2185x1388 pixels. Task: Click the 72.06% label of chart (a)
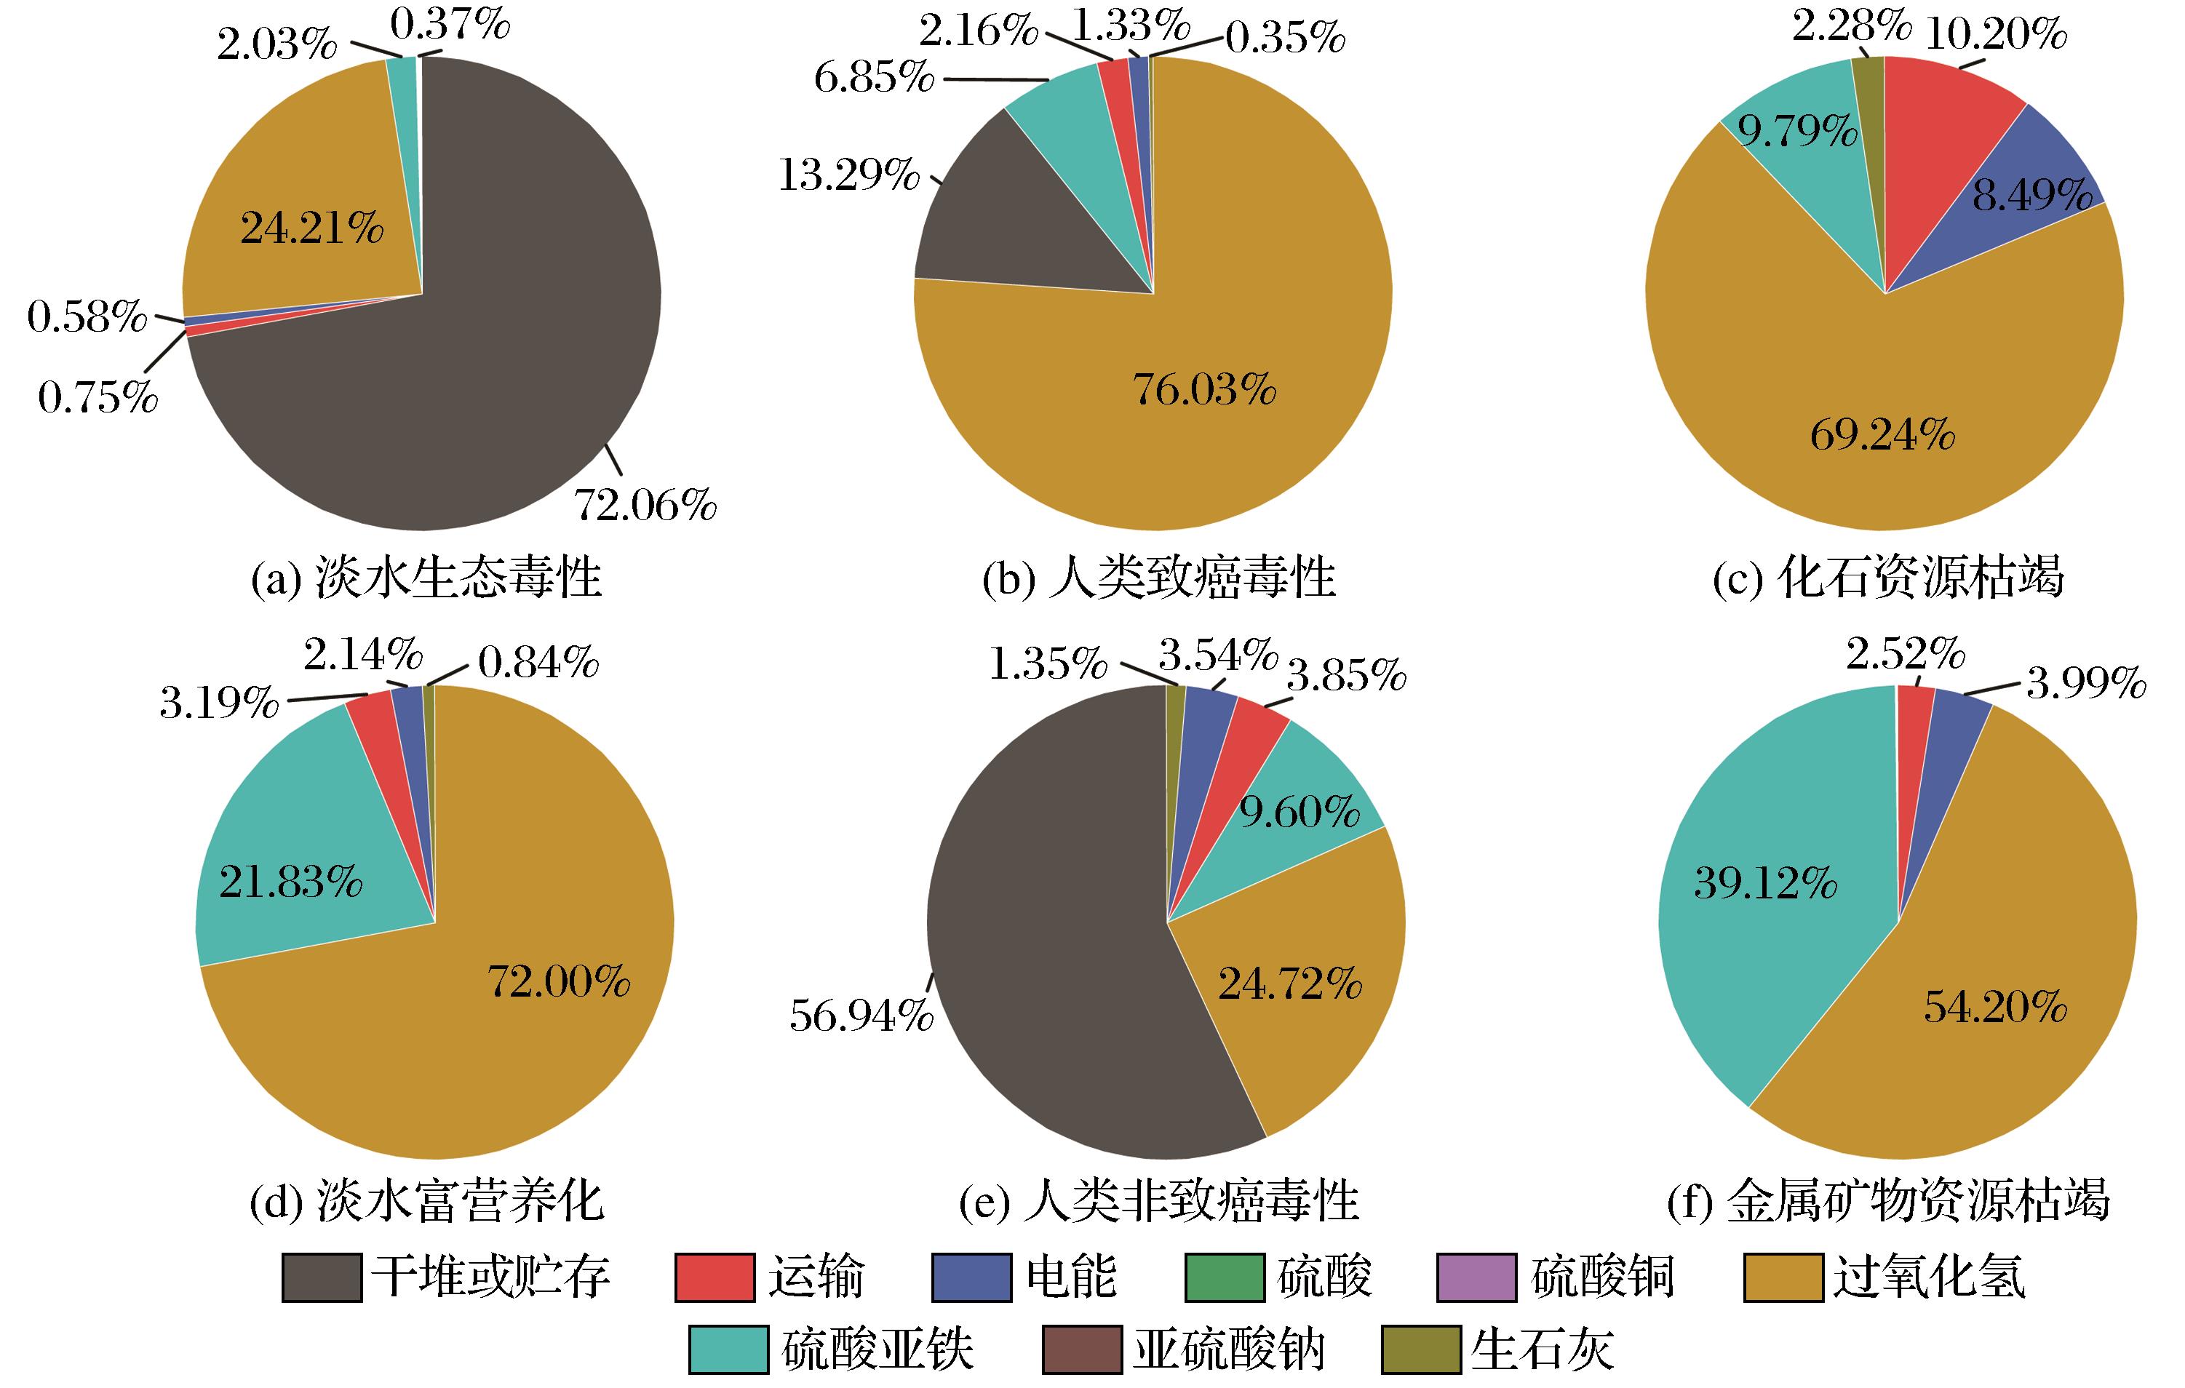pos(646,506)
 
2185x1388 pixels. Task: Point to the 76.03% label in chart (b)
pos(1204,389)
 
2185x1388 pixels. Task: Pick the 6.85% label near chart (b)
pos(874,78)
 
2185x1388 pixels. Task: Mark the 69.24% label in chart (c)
pos(1883,436)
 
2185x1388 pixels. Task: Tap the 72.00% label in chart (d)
pos(559,981)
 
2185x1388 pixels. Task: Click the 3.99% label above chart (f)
pos(2086,683)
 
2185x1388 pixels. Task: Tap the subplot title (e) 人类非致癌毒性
pos(1159,1201)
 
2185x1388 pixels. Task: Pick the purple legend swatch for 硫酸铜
pos(1476,1277)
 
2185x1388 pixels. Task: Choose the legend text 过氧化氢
pos(1928,1277)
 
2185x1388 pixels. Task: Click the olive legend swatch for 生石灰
pos(1421,1349)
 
